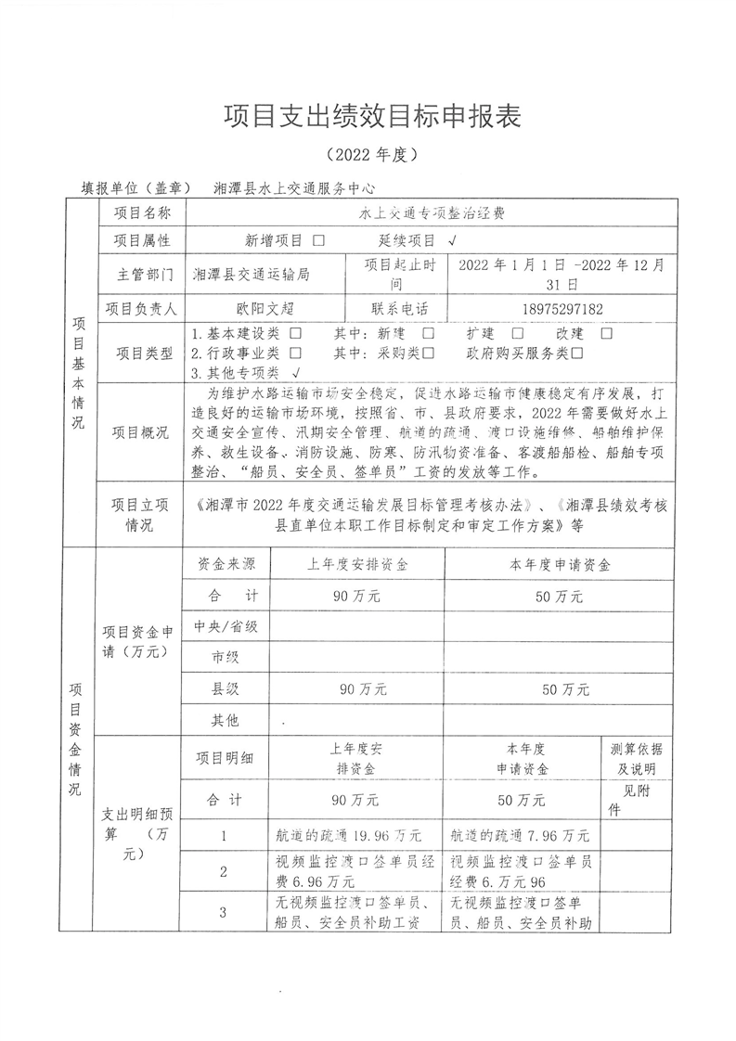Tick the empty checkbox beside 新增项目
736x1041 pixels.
point(319,240)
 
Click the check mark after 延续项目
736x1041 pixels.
point(451,240)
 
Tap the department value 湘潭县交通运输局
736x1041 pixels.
point(251,275)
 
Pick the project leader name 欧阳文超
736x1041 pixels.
point(265,309)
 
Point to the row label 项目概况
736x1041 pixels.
point(141,432)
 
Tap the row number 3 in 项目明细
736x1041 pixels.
point(224,912)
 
